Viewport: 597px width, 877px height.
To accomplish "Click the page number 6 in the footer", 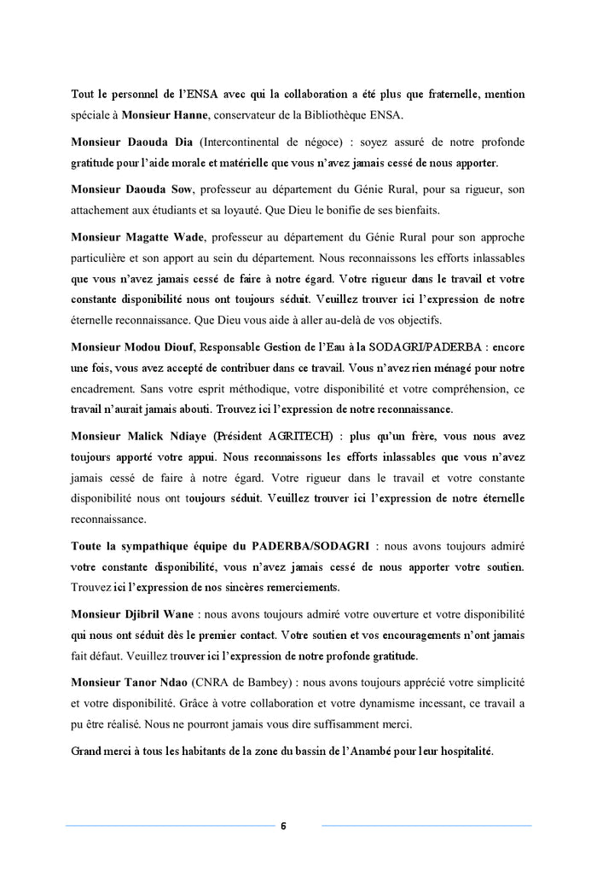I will [x=283, y=826].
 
